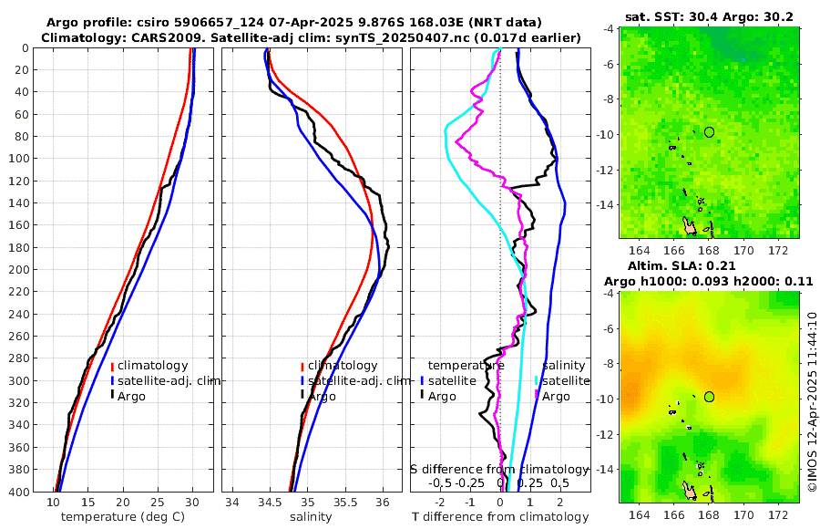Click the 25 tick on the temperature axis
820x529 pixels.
coord(158,503)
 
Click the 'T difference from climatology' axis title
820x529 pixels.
coord(500,517)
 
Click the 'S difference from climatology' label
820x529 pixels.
coord(500,469)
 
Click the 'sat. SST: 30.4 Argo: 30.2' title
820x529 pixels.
coord(709,17)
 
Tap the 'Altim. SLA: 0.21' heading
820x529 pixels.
coord(709,265)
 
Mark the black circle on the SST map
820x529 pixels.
coord(709,131)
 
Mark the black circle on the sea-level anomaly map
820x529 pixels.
coord(709,397)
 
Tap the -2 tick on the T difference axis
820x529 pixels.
coord(441,503)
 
